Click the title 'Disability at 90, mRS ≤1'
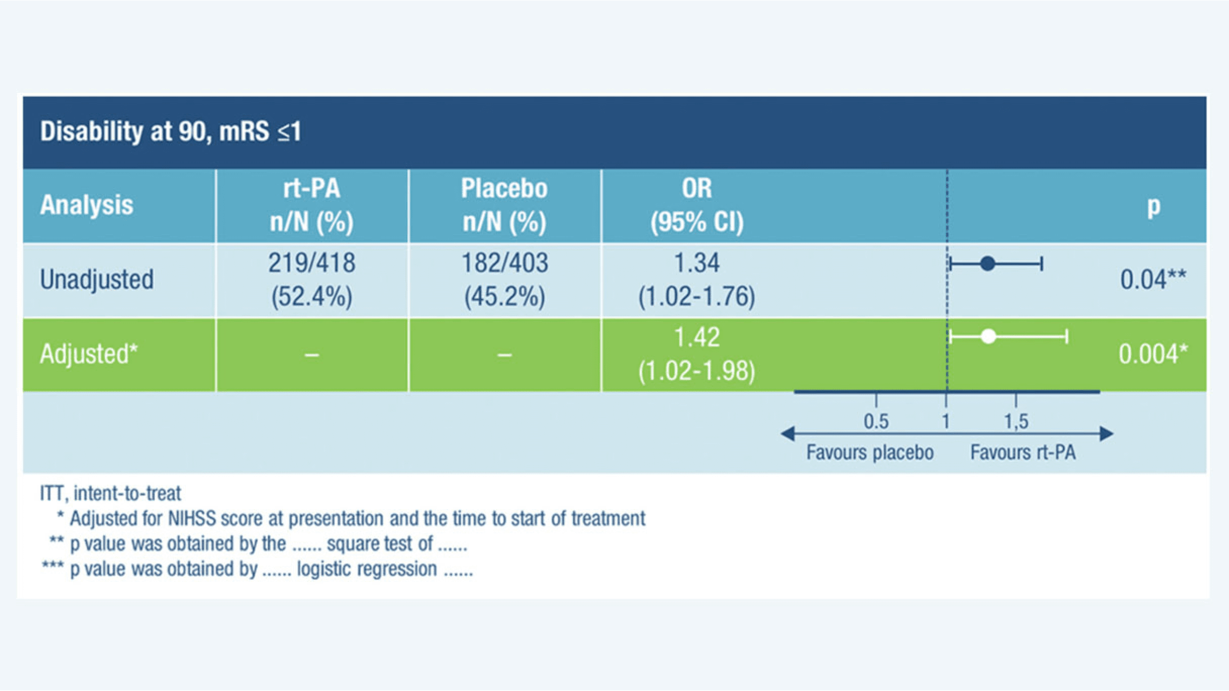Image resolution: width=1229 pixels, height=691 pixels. coord(170,132)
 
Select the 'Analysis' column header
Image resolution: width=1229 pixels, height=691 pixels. coord(86,205)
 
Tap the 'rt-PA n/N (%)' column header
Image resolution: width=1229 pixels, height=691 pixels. coord(312,205)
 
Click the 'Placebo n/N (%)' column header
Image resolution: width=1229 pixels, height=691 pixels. coord(504,205)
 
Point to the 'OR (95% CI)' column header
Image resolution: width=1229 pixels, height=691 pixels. coord(697,205)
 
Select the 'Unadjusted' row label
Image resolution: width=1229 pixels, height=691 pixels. coord(97,280)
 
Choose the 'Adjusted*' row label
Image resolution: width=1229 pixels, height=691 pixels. coord(88,354)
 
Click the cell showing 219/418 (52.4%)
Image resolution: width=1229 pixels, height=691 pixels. coord(312,279)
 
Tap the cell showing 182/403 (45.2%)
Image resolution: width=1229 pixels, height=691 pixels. coord(504,279)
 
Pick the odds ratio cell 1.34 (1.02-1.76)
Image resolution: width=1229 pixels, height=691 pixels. coord(697,279)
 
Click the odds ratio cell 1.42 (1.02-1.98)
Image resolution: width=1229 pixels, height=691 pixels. coord(697,354)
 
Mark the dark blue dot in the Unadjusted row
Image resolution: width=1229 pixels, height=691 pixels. coord(987,263)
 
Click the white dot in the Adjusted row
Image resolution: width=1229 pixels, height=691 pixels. coord(988,336)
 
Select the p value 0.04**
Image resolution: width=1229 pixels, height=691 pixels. coord(1153,280)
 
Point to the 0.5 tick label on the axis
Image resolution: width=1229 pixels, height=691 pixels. coord(876,421)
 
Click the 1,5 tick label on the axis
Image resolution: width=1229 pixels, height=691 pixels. coord(1016,421)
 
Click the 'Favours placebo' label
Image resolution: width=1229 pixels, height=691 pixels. coord(870,452)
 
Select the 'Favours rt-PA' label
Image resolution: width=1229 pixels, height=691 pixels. coord(1023,452)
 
